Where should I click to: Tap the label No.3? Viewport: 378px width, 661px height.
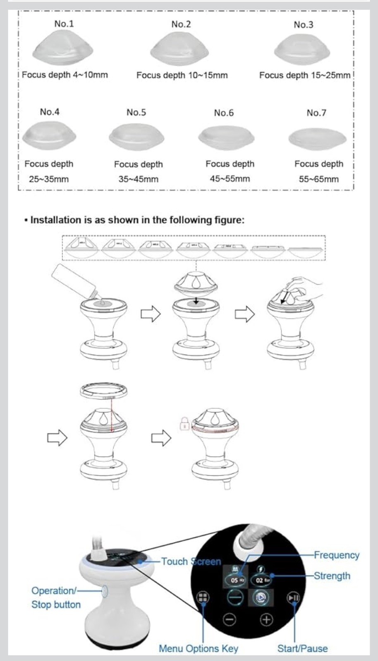pos(303,25)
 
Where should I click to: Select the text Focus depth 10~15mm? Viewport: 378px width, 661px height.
pos(182,75)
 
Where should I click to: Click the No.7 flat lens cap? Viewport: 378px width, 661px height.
pos(317,138)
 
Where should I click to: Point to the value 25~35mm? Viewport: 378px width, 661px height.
pos(49,179)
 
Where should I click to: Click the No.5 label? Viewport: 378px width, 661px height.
pos(136,112)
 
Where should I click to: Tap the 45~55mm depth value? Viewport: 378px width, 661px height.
pos(230,179)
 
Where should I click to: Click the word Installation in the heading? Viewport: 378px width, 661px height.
pos(56,220)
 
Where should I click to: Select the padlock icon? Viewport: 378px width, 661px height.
pos(184,423)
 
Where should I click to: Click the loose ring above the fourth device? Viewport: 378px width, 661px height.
pos(103,390)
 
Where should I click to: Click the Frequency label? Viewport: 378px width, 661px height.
pos(336,555)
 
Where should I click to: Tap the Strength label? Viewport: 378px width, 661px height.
pos(332,575)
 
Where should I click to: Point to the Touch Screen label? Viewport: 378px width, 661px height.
pos(191,561)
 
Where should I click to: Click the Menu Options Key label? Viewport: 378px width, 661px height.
pos(199,649)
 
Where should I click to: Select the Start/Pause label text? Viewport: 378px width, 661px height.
pos(302,649)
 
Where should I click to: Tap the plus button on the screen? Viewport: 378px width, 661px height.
pos(266,619)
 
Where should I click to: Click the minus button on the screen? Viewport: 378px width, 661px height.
pos(230,619)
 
